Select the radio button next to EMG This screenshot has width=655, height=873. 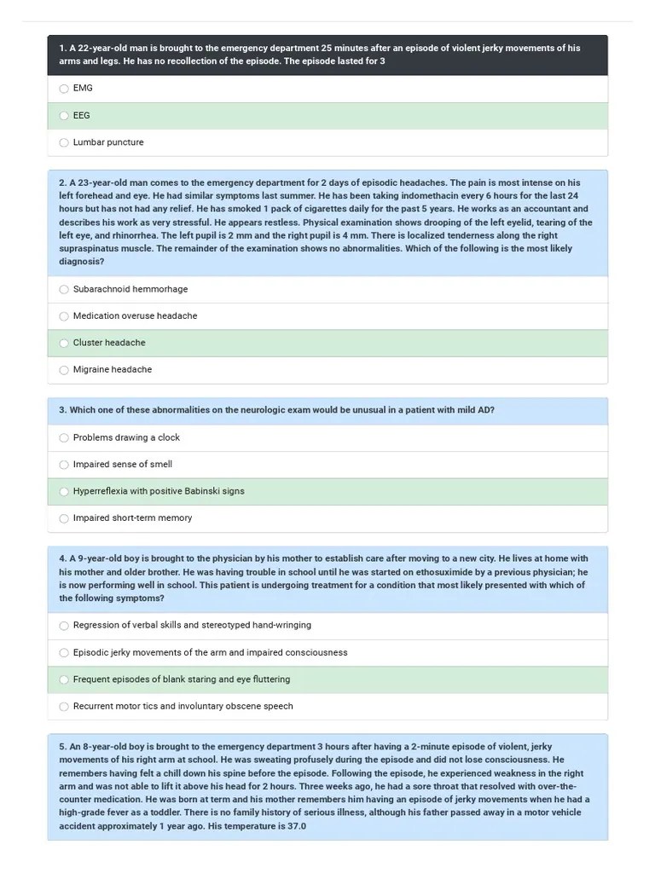coord(64,89)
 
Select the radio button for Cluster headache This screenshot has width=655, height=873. coord(64,344)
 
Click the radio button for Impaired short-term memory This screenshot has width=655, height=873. coord(64,518)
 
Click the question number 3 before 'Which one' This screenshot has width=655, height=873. coord(62,410)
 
